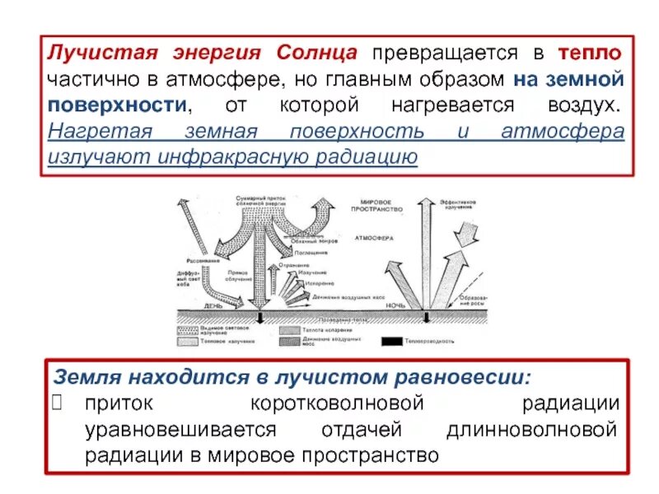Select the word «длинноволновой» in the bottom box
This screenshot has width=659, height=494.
coord(531,429)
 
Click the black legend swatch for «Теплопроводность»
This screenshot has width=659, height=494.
coord(394,341)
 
